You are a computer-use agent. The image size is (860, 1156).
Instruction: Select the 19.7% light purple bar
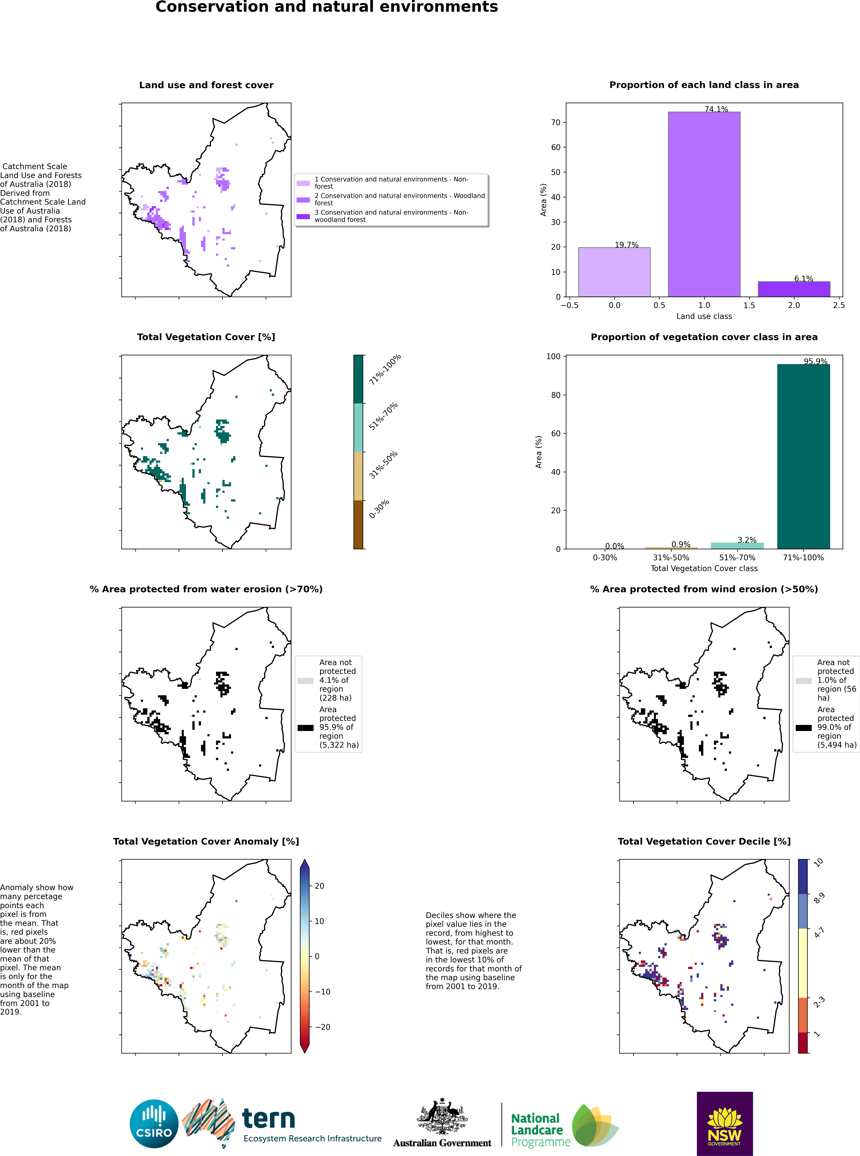click(614, 272)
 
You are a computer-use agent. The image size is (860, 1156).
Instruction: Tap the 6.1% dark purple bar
click(794, 289)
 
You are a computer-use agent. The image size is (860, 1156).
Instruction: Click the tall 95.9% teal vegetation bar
click(803, 456)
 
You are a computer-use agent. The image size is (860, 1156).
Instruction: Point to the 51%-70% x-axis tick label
click(737, 558)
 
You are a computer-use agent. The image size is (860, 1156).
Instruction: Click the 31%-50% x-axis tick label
click(671, 558)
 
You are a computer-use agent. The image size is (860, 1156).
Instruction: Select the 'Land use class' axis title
click(704, 316)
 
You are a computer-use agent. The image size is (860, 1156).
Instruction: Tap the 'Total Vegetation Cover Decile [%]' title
click(704, 841)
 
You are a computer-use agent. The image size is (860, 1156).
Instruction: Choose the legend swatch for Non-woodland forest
click(303, 216)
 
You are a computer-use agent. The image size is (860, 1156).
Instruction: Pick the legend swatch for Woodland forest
click(303, 200)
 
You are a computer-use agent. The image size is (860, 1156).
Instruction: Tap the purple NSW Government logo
click(725, 1124)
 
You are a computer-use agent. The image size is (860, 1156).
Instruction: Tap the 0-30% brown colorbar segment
click(358, 524)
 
